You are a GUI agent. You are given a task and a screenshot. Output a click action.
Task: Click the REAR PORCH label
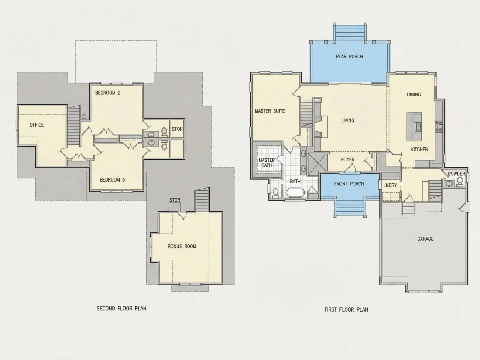[x=349, y=57]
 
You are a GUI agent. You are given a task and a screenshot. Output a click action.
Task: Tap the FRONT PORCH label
[x=349, y=184]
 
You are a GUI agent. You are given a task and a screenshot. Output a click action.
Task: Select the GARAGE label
[x=425, y=239]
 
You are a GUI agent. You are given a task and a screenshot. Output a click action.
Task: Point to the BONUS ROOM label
[x=182, y=247]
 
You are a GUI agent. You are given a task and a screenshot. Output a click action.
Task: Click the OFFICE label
[x=37, y=125]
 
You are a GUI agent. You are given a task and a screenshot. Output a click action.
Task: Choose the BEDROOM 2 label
[x=107, y=93]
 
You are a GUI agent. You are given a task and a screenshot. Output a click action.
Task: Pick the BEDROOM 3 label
[x=112, y=180]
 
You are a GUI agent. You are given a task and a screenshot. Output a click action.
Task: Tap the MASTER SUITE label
[x=270, y=111]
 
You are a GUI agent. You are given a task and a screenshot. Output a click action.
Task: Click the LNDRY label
[x=390, y=185]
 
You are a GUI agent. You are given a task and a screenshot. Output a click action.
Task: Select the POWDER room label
[x=456, y=174]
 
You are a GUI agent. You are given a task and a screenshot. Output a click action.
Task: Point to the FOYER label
[x=348, y=159]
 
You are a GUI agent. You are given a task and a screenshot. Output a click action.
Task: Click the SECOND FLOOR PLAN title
[x=122, y=308]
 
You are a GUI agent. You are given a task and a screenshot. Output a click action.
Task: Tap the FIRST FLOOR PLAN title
[x=346, y=309]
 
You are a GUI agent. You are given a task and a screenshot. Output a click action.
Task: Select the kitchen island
[x=414, y=127]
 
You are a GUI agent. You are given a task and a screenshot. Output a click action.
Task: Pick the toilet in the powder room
[x=460, y=182]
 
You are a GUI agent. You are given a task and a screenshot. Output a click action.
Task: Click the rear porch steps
[x=350, y=32]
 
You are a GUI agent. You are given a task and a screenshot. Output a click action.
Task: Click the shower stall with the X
[x=317, y=162]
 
